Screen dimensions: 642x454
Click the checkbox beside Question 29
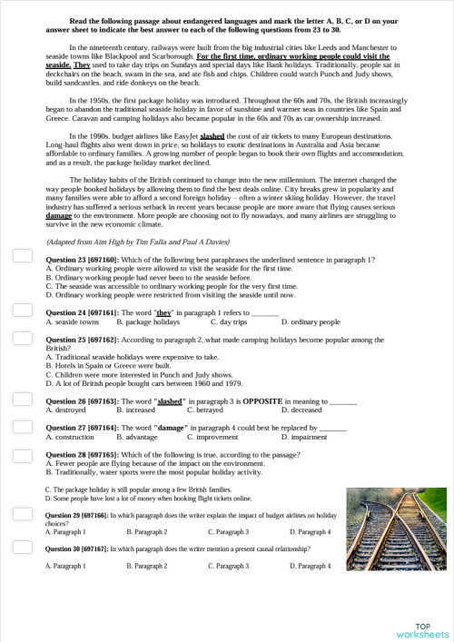pyautogui.click(x=22, y=518)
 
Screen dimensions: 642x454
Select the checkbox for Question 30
pyautogui.click(x=22, y=549)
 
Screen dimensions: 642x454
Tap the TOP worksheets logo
pyautogui.click(x=422, y=629)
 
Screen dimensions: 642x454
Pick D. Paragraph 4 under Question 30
pyautogui.click(x=310, y=566)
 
